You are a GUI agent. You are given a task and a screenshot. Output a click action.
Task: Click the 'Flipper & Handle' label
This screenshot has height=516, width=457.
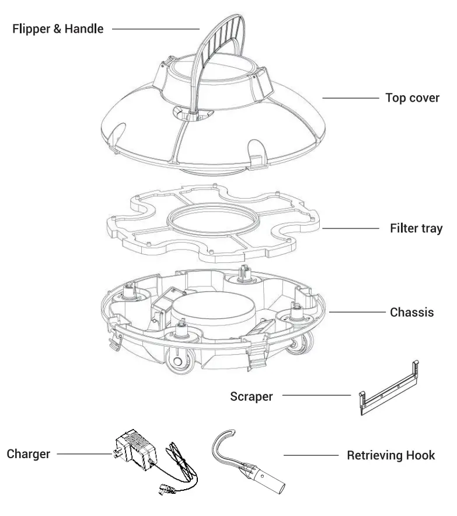58,29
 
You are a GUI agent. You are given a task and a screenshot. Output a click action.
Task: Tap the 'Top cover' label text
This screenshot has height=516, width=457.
412,98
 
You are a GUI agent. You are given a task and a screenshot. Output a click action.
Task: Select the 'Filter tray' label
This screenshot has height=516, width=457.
416,228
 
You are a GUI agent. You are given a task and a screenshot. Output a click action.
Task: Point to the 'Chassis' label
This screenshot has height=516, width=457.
411,312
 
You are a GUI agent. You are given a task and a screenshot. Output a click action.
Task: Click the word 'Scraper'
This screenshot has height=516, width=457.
251,397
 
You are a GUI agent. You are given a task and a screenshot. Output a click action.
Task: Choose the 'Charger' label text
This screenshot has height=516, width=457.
27,453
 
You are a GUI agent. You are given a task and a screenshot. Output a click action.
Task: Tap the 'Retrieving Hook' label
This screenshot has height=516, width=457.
390,455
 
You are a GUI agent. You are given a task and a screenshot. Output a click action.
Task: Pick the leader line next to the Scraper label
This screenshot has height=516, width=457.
315,396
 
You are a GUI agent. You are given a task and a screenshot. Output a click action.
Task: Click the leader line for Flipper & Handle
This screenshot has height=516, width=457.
155,29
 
